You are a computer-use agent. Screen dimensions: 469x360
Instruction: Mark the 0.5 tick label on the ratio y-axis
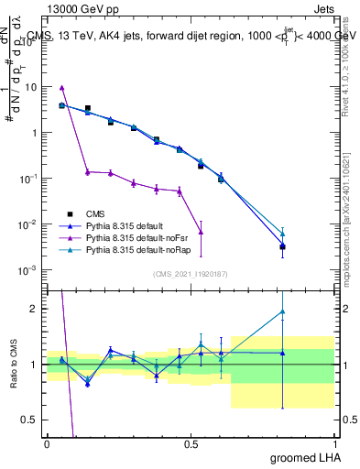click(x=30, y=420)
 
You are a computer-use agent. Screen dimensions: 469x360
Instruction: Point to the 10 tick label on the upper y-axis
click(x=31, y=87)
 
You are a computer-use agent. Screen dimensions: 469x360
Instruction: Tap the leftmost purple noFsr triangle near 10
click(x=61, y=88)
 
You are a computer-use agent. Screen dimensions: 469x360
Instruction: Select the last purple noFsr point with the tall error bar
click(x=201, y=232)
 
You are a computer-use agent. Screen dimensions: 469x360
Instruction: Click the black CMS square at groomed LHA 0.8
click(x=283, y=246)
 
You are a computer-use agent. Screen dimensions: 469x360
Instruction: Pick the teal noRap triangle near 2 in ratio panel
click(x=283, y=311)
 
